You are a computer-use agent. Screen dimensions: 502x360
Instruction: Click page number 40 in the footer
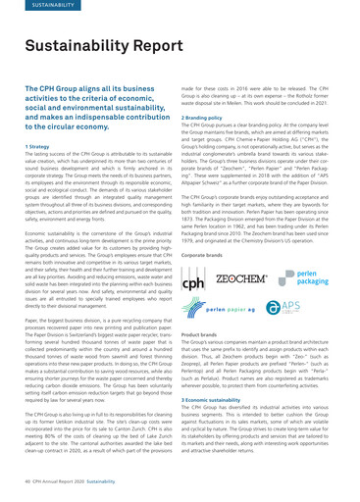coord(26,483)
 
